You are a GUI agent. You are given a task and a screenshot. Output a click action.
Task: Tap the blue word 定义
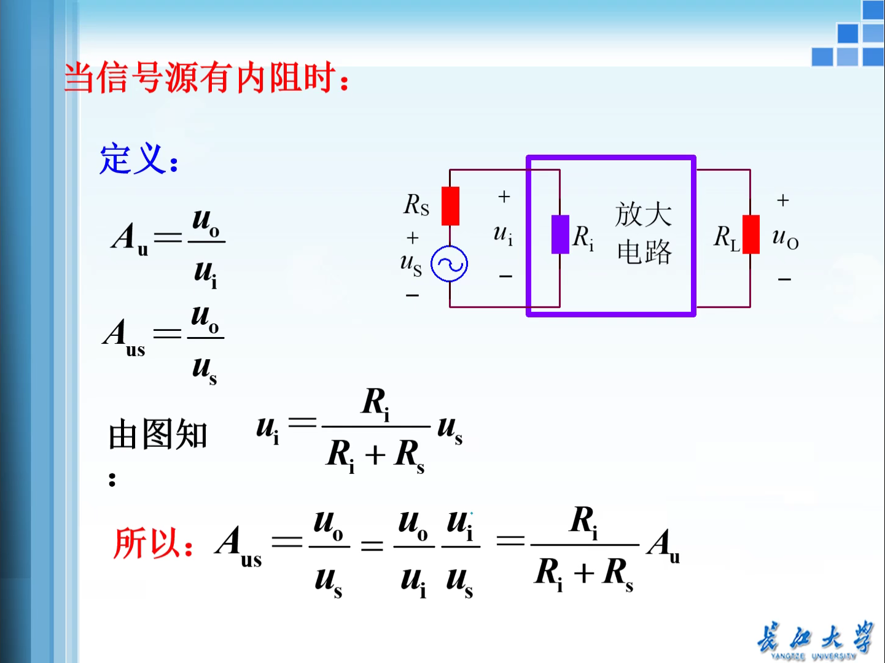133,159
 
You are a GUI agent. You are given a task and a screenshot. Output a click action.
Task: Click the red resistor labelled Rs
450,206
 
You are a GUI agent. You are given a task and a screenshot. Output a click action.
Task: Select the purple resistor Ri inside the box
560,235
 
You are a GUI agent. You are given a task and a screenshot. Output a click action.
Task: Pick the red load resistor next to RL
750,235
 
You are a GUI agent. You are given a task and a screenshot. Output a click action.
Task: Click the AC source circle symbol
449,264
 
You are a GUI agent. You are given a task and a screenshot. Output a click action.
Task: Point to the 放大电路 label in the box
644,233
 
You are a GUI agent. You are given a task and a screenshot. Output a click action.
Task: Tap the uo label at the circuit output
785,238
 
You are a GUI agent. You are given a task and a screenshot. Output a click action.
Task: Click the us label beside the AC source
411,264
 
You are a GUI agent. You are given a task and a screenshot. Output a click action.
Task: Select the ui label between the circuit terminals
503,235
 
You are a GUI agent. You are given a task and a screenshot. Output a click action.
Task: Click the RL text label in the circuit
727,237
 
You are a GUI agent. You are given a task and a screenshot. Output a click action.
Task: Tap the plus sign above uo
782,201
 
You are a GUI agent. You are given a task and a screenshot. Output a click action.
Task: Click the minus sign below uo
784,280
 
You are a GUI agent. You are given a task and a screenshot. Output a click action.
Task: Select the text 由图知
158,435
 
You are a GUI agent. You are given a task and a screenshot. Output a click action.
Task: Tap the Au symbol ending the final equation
663,545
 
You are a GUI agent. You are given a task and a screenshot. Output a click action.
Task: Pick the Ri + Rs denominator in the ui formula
375,456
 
